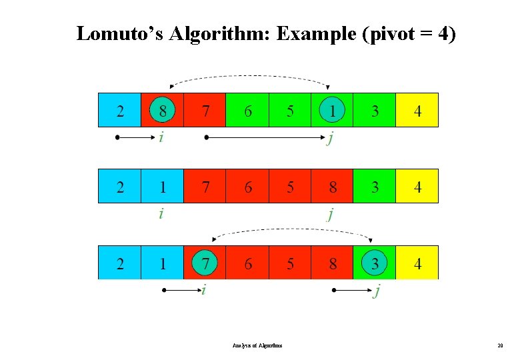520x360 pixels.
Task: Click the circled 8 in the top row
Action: pyautogui.click(x=162, y=111)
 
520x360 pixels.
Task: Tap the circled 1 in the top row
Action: pyautogui.click(x=332, y=111)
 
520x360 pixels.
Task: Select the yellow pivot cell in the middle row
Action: pyautogui.click(x=417, y=187)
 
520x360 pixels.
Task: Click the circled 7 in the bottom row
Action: pyautogui.click(x=205, y=263)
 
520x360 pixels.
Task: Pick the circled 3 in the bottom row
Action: pyautogui.click(x=375, y=263)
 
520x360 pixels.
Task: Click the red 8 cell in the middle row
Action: pyautogui.click(x=332, y=187)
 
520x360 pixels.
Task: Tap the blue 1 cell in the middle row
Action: pyautogui.click(x=162, y=187)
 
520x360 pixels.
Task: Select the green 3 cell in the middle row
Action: pyautogui.click(x=375, y=187)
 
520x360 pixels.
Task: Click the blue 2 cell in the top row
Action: pyautogui.click(x=120, y=111)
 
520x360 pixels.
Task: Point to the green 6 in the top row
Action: pyautogui.click(x=247, y=111)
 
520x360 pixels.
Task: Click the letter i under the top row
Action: pyautogui.click(x=161, y=138)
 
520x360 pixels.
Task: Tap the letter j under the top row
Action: pyautogui.click(x=331, y=139)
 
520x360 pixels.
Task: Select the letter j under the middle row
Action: pyautogui.click(x=331, y=215)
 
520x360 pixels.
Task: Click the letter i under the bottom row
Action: pyautogui.click(x=204, y=291)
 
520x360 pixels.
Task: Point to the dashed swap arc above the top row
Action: pyautogui.click(x=250, y=77)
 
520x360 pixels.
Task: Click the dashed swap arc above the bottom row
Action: pyautogui.click(x=292, y=230)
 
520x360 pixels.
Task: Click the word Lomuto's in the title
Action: pyautogui.click(x=119, y=33)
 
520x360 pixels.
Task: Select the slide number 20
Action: pyautogui.click(x=500, y=345)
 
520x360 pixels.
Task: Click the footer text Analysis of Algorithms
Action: pyautogui.click(x=257, y=345)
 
